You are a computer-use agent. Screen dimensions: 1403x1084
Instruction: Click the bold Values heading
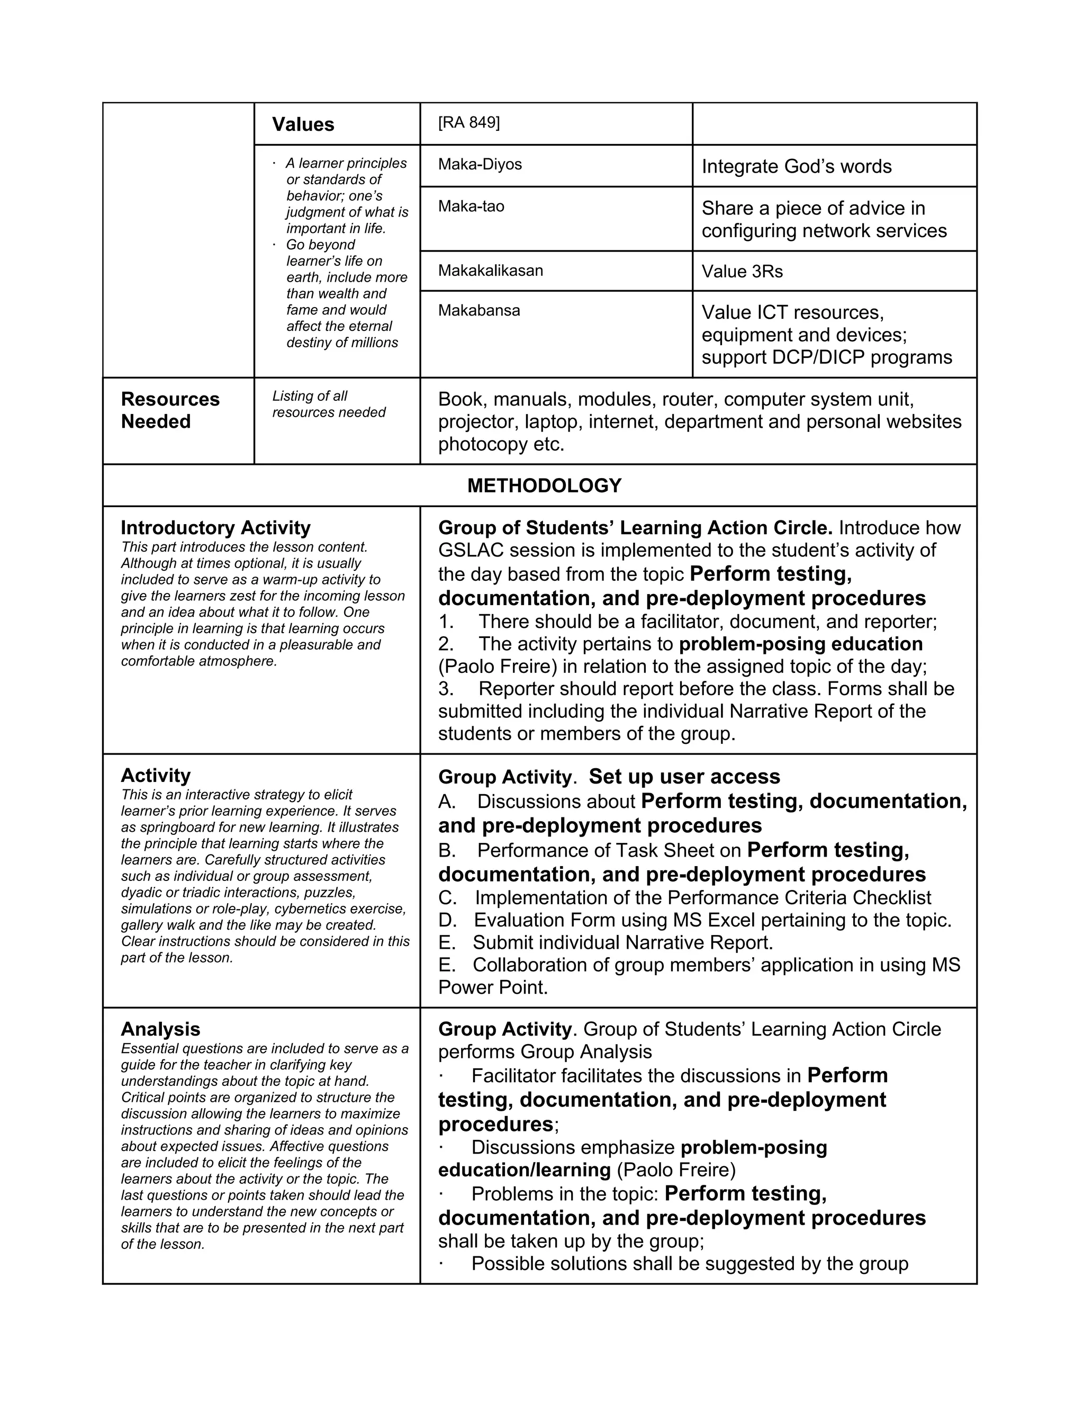[x=303, y=124]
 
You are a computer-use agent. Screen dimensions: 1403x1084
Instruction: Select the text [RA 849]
[x=469, y=123]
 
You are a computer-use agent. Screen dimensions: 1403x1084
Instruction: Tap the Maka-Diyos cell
[x=480, y=165]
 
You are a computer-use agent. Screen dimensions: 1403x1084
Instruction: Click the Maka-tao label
[x=471, y=206]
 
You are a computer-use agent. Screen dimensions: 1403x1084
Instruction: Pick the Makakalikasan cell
[x=490, y=271]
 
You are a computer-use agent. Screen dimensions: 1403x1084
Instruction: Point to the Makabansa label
[x=478, y=311]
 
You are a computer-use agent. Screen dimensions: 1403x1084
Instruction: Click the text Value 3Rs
[x=742, y=272]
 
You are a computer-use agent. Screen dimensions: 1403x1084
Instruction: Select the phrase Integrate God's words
[x=796, y=167]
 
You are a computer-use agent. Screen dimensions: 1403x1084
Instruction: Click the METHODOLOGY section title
[x=544, y=485]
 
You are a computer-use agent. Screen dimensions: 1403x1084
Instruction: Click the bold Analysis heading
[x=160, y=1029]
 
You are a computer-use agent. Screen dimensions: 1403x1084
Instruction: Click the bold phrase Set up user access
[x=684, y=777]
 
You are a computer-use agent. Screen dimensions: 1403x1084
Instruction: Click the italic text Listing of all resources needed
[x=328, y=404]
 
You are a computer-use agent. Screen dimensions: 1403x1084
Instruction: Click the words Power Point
[x=493, y=987]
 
